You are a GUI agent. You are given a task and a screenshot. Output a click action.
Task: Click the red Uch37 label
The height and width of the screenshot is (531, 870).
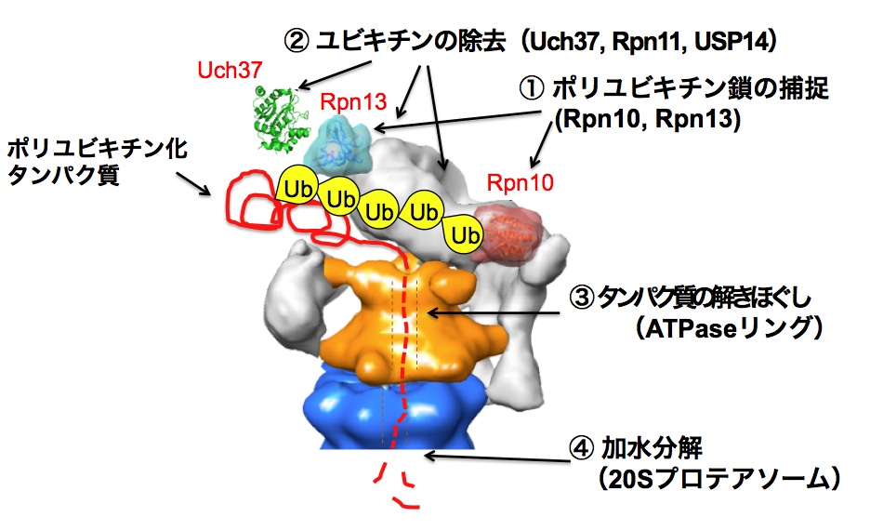tap(230, 70)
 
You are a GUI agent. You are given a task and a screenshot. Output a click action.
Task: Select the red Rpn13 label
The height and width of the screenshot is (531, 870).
tap(353, 101)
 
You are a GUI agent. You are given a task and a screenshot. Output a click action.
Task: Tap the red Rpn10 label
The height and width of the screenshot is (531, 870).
tap(520, 182)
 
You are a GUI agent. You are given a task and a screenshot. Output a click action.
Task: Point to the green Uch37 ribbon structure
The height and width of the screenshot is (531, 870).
tap(280, 118)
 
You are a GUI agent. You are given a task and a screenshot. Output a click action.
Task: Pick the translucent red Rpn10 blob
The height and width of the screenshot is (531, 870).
tap(506, 234)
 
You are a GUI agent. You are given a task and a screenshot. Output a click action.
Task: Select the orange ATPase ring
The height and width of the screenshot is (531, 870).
tap(414, 319)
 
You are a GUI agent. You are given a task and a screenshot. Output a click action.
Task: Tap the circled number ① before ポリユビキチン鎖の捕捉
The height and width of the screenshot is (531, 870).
tap(531, 88)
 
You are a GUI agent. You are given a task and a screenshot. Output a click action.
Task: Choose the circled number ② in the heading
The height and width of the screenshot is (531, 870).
tap(297, 41)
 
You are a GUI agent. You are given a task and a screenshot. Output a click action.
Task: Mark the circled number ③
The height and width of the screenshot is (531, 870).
tap(582, 298)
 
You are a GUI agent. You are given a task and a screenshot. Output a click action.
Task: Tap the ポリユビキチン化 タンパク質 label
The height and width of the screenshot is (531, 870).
tap(97, 162)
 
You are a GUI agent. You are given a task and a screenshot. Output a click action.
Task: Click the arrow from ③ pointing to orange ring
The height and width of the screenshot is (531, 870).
tap(494, 313)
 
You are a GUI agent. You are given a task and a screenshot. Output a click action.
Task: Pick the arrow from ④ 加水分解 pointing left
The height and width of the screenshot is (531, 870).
tap(496, 458)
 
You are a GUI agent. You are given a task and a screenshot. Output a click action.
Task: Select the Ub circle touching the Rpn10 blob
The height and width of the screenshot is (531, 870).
tap(465, 236)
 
